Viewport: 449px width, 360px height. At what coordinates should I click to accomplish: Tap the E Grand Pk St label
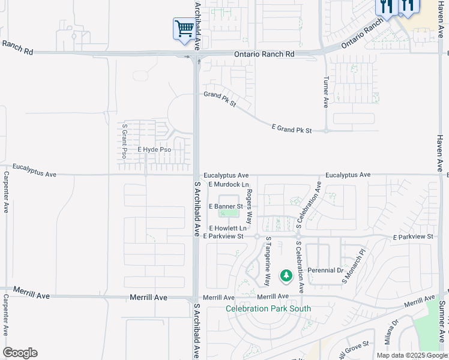292,129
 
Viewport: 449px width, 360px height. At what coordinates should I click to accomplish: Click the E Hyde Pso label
154,149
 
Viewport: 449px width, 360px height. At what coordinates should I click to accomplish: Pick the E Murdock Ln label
229,184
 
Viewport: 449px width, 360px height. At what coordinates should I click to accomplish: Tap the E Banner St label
225,206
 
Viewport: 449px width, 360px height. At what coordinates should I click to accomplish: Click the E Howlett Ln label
228,229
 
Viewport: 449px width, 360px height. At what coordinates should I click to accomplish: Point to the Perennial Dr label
325,271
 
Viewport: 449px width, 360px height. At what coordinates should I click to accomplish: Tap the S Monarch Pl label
354,266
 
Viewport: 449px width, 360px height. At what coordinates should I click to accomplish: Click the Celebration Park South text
268,309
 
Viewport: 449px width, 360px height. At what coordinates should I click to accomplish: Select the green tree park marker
286,276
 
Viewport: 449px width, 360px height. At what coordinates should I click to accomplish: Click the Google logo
20,353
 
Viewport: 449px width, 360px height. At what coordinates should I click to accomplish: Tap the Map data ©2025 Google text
412,355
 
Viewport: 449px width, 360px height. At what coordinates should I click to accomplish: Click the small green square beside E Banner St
228,212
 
